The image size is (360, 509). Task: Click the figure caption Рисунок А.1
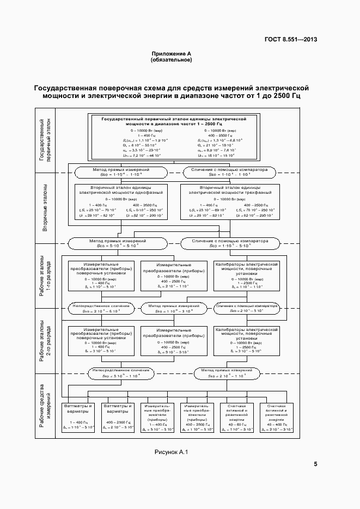(171, 451)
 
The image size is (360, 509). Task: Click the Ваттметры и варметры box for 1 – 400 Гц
(79, 417)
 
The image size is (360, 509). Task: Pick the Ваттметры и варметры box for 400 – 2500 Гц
(118, 417)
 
